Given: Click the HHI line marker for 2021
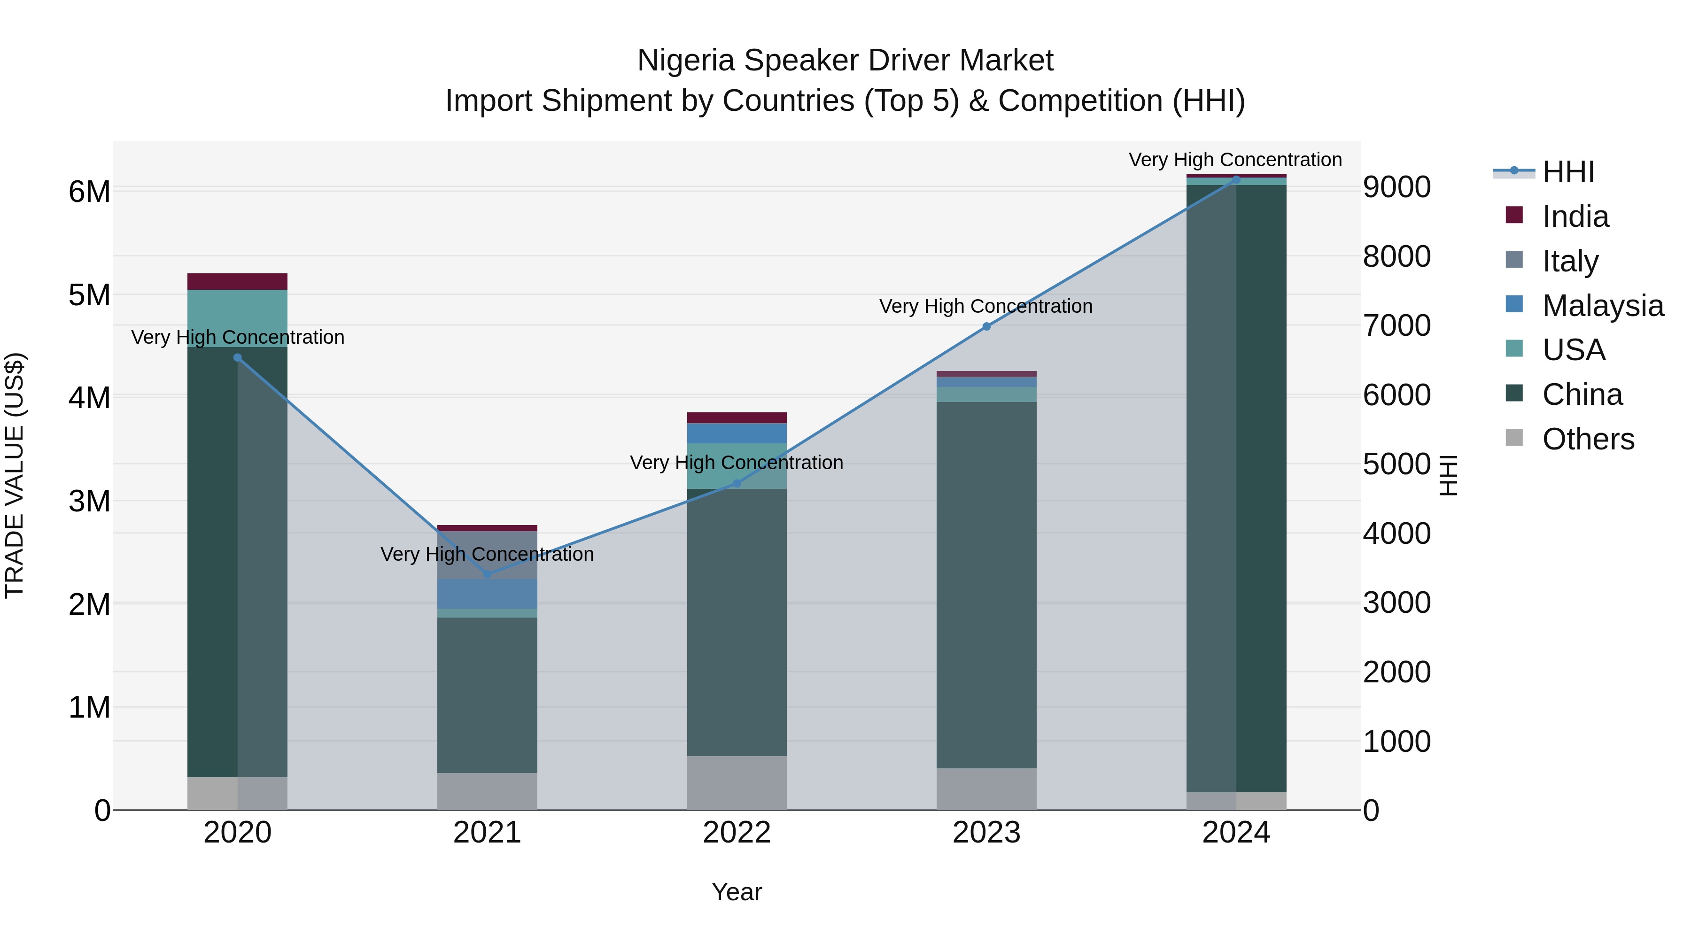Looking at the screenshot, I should (487, 574).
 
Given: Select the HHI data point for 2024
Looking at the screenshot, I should (1236, 180).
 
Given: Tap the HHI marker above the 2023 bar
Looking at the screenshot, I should (986, 326).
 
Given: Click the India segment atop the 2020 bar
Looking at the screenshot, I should (237, 282).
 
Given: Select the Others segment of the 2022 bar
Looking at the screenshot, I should (737, 782).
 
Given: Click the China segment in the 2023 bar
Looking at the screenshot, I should (986, 584).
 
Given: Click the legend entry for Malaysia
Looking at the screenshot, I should (1602, 306).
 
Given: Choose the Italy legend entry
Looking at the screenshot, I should (1570, 261).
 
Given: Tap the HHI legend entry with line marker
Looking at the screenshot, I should (1567, 172).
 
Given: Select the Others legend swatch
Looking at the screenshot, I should (1514, 438).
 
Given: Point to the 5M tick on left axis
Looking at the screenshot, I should (90, 295).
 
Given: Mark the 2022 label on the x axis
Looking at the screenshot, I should (737, 833).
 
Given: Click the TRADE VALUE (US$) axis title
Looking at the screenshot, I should (15, 475).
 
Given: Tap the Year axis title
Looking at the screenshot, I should (737, 892).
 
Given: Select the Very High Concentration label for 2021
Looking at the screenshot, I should (487, 554).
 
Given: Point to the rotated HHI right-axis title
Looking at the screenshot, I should (1448, 475).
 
